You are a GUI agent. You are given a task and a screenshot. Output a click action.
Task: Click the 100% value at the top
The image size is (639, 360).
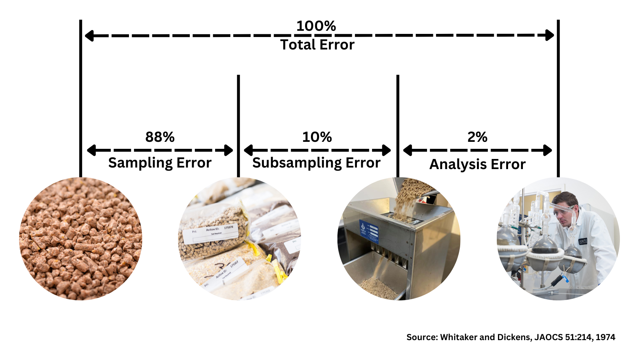[316, 26]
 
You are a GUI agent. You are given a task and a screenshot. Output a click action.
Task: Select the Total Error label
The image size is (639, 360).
[317, 45]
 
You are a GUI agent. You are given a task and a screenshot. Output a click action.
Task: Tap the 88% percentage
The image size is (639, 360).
[160, 137]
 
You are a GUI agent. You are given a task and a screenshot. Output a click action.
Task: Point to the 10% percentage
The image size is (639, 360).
[317, 137]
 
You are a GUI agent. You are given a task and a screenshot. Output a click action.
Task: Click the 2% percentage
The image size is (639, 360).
[477, 137]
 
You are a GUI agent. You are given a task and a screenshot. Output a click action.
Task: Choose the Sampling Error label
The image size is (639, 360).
[160, 163]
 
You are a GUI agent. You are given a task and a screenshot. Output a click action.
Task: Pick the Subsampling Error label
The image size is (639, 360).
[316, 163]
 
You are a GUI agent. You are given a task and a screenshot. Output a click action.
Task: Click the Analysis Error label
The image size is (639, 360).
[477, 164]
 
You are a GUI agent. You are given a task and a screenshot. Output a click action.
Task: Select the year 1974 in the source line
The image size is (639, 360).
[605, 337]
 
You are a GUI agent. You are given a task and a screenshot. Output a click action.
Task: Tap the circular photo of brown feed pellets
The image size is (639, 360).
[81, 239]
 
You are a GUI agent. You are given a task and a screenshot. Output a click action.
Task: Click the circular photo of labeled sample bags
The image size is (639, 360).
[240, 239]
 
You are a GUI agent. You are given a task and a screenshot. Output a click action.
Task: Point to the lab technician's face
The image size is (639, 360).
[563, 212]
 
